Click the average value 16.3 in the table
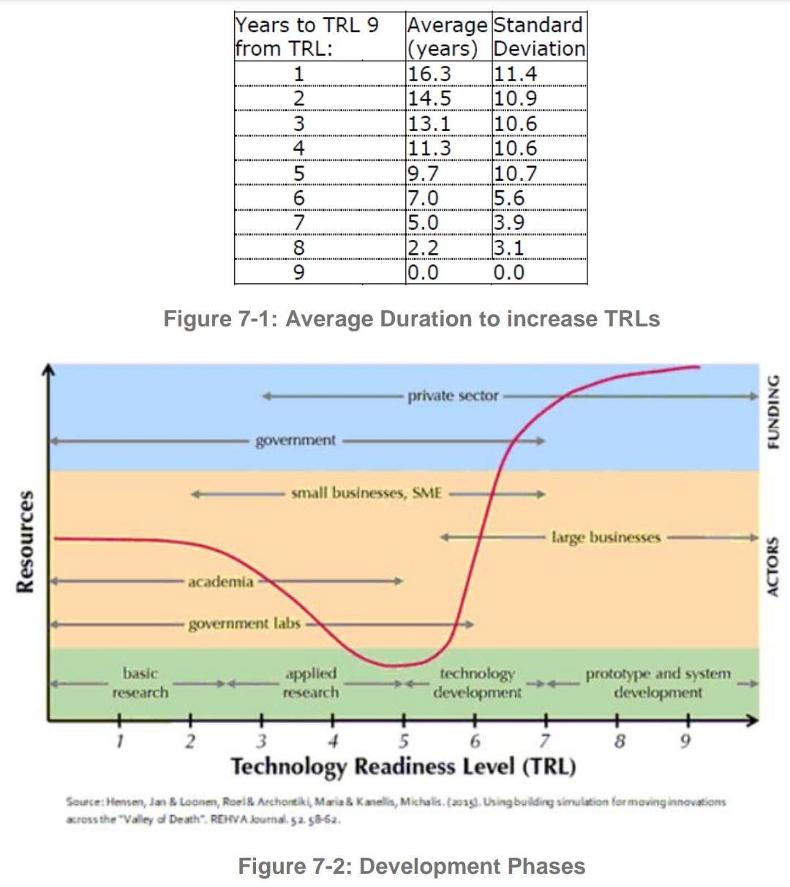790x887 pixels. tap(429, 74)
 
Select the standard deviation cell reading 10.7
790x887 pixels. tap(515, 173)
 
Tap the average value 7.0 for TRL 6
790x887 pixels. tap(423, 198)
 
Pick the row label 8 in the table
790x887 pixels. tap(298, 248)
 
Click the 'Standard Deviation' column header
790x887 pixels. tap(539, 37)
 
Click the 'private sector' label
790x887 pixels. tap(453, 396)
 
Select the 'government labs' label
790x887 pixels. tap(244, 624)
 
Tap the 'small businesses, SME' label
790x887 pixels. tap(366, 493)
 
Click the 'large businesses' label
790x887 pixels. tap(606, 537)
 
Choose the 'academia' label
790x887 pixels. tap(220, 582)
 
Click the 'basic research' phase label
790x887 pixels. tap(140, 683)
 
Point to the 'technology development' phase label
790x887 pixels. tap(477, 683)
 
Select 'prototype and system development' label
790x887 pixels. tap(658, 683)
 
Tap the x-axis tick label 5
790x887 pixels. tap(403, 741)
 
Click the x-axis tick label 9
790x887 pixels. tap(685, 741)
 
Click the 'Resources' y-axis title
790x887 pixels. tap(25, 542)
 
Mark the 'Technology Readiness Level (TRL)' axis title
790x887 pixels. tap(403, 767)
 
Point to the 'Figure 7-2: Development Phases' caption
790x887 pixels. tap(411, 867)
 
